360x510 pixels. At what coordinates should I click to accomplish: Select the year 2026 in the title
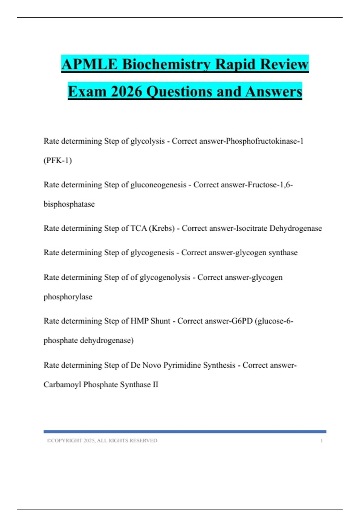(126, 91)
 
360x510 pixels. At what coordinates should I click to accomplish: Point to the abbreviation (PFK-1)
(58, 160)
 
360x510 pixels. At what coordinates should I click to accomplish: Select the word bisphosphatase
(69, 204)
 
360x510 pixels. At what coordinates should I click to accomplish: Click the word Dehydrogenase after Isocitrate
(295, 229)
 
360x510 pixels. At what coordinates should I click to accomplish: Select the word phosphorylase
(68, 297)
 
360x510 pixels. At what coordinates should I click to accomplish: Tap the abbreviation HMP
(139, 321)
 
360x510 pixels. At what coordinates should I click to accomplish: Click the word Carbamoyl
(62, 385)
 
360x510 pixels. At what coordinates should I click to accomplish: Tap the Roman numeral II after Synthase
(155, 385)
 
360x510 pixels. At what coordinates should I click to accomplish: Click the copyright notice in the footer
(102, 441)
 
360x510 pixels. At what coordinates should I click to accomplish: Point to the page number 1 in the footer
(322, 441)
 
